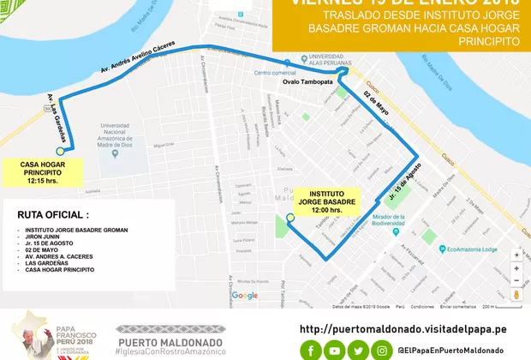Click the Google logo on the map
coord(245,296)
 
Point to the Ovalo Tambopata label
coord(304,83)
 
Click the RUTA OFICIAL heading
coord(53,214)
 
